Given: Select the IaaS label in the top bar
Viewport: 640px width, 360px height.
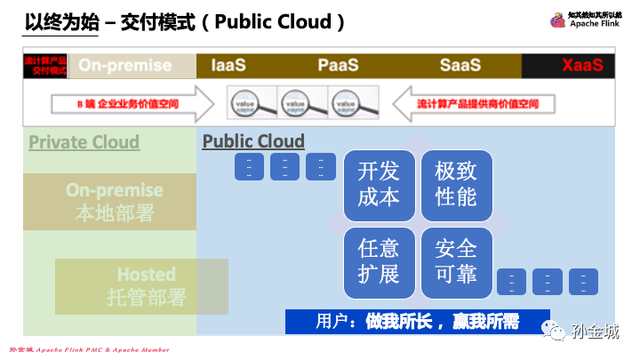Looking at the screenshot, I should click(x=228, y=66).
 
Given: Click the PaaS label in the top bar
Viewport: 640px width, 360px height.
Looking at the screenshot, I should click(x=338, y=66).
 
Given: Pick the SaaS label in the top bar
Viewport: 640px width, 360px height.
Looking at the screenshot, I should click(x=460, y=66).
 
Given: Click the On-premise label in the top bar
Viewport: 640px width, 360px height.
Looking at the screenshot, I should click(x=124, y=66).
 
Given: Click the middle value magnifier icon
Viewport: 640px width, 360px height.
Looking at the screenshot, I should click(x=302, y=103).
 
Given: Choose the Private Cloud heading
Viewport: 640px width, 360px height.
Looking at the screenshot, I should click(x=84, y=142).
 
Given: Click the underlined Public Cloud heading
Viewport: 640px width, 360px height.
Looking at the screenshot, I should click(x=253, y=141).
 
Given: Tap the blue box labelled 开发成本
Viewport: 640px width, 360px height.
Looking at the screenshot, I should click(x=378, y=185).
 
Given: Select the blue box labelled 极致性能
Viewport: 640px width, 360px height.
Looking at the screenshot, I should click(x=456, y=185).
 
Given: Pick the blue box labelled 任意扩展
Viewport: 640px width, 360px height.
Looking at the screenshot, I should click(x=378, y=261).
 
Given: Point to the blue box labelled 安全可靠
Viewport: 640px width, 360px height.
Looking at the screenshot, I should click(x=456, y=261).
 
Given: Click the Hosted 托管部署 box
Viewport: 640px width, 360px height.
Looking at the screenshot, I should click(x=142, y=285).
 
